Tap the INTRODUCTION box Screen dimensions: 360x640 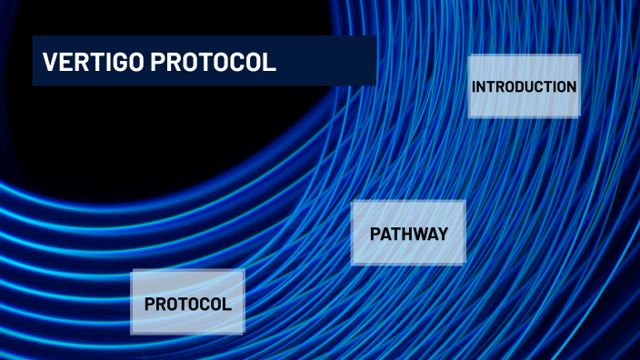(x=524, y=86)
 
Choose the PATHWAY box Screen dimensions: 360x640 (x=408, y=234)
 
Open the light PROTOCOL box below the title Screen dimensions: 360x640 (x=188, y=304)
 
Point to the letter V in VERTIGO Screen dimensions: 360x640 (x=50, y=63)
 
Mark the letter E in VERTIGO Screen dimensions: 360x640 (x=65, y=63)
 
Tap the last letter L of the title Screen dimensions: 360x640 (x=270, y=63)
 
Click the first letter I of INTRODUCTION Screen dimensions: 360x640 (x=474, y=86)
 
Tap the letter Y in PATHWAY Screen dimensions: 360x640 (x=443, y=234)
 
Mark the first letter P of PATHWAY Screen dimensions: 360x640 (x=375, y=234)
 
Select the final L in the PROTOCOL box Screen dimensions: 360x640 (x=226, y=304)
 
